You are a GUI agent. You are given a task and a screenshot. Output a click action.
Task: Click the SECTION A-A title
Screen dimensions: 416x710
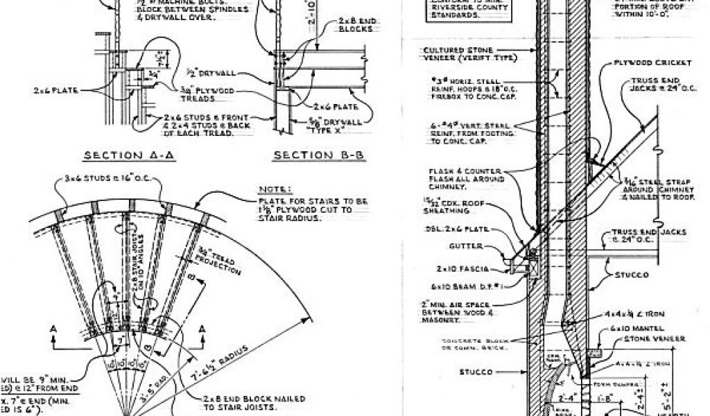coord(128,155)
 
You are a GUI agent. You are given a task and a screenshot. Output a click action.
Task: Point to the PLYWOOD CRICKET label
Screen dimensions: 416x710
coord(652,62)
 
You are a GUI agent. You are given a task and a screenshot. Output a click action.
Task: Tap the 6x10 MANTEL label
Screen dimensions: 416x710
coord(630,327)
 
